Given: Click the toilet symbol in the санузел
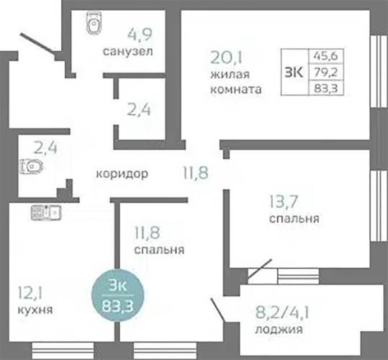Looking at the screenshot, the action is (94, 22).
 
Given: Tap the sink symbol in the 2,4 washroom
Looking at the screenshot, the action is (31, 166).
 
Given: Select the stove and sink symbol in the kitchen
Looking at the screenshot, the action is (46, 212).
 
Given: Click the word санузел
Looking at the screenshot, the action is (127, 51).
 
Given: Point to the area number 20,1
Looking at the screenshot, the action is (226, 57).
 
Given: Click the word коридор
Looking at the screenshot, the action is (122, 174).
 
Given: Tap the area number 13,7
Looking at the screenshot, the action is (284, 202).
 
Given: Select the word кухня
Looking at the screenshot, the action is (35, 310).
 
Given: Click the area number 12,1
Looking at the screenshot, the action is (30, 294).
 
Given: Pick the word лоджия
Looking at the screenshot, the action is (279, 329).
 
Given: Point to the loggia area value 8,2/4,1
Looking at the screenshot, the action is (282, 312).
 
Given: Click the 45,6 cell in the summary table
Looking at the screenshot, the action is (326, 56).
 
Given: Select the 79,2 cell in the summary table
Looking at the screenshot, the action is (326, 72).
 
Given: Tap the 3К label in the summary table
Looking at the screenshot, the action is (294, 72).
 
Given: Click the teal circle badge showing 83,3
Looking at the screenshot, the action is (118, 295).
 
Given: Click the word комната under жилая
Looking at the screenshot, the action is (236, 89).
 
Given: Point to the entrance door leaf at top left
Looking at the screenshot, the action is (37, 44).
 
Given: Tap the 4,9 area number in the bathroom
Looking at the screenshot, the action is (140, 35).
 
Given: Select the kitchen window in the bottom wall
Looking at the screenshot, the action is (63, 351).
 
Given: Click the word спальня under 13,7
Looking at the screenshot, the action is (294, 218).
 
